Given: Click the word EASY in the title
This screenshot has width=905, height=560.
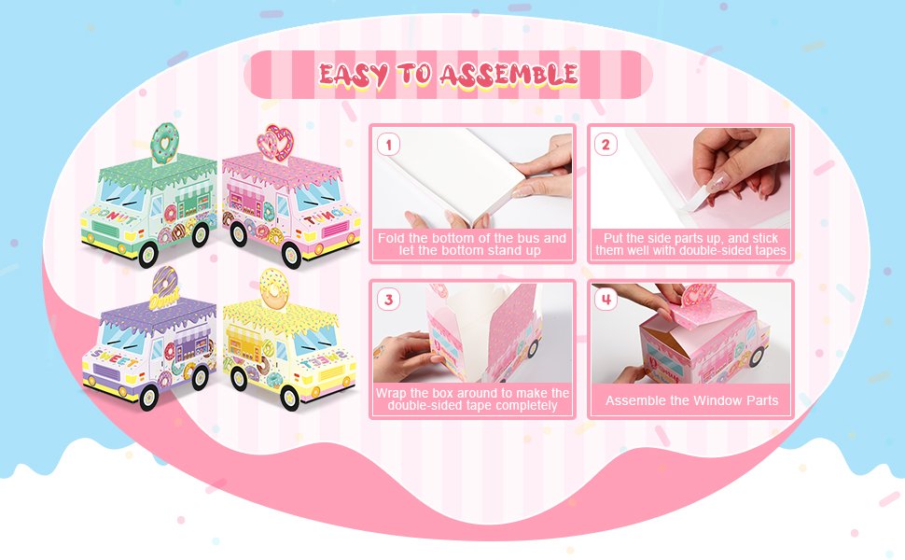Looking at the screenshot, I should [x=353, y=75].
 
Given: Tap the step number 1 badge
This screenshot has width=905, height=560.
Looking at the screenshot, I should [x=389, y=145].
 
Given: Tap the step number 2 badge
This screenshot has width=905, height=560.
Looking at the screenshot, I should [x=606, y=145].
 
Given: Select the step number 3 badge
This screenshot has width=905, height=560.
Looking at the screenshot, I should [x=389, y=300].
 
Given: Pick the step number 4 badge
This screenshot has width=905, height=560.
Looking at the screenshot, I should [x=606, y=300].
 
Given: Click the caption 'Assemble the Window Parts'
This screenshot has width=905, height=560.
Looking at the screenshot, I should [x=691, y=400].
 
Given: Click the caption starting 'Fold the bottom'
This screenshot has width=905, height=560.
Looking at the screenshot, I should [x=471, y=245].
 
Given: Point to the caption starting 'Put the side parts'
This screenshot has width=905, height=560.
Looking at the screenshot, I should [x=691, y=245].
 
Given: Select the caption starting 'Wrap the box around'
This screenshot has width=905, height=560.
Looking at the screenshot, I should [x=471, y=399].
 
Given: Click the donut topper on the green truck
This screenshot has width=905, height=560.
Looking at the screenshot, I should [x=167, y=141].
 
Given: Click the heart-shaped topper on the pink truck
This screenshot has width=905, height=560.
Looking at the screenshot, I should [x=275, y=141].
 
